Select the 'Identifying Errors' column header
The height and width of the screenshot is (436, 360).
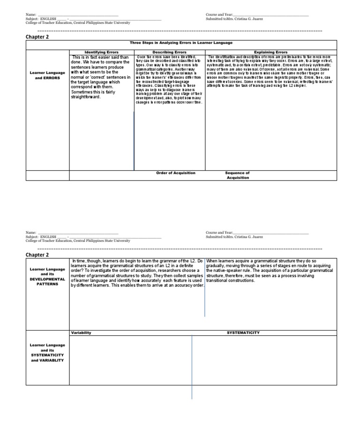[x=101, y=52]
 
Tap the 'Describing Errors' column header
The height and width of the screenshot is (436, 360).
[x=169, y=52]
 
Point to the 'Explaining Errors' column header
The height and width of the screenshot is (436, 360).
[x=270, y=52]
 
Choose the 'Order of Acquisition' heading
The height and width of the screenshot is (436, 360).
[x=176, y=173]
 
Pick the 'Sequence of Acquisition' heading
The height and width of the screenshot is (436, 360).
[x=237, y=175]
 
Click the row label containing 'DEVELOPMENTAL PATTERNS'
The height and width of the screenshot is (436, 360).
[x=47, y=277]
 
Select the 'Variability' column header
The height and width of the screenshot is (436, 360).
[x=81, y=332]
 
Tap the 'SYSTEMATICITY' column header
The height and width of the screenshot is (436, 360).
[x=243, y=332]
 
